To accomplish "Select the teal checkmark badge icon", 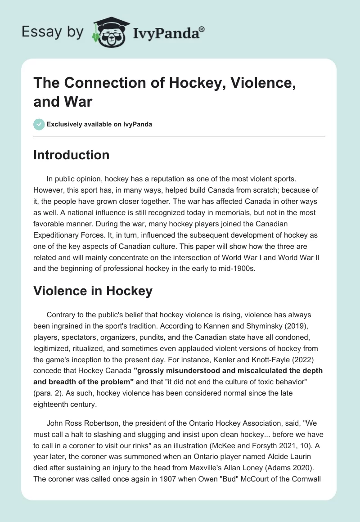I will click(39, 124).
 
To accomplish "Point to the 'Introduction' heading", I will click(72, 155).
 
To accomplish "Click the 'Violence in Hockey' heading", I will click(93, 291).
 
